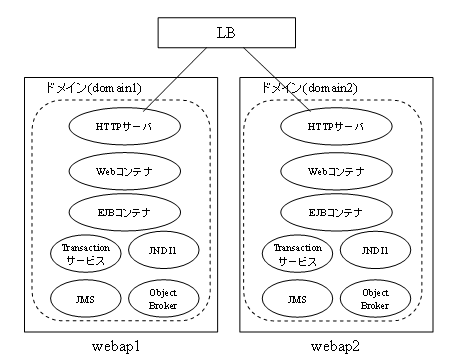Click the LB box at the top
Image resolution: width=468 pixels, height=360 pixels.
coord(226,33)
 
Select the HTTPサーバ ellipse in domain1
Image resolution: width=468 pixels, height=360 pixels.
coord(124,127)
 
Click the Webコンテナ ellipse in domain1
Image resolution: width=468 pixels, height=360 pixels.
coord(124,170)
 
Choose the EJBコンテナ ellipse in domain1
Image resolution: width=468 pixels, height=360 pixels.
coord(124,212)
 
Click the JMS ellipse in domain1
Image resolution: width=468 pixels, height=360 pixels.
coord(85,297)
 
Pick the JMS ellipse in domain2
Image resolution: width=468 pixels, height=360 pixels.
coord(296,297)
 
